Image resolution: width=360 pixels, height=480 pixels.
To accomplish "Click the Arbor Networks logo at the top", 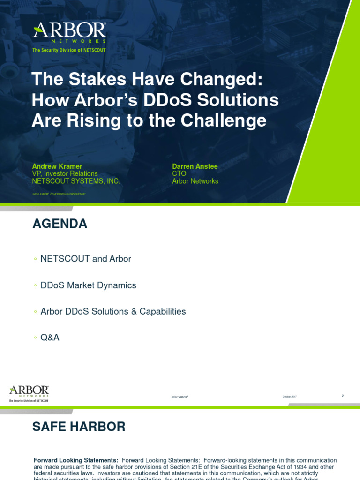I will point(69,32).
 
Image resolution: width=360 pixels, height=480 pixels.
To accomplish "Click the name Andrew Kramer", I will point(57,166).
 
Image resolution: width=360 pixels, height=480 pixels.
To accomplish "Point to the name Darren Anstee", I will point(195,166).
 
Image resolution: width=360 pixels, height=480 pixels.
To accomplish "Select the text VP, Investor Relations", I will point(65,174).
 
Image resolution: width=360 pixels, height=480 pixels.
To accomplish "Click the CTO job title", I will point(179,174).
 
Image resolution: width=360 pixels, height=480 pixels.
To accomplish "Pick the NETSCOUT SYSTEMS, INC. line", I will point(76,181).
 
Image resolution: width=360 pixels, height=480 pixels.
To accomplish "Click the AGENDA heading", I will point(60,224).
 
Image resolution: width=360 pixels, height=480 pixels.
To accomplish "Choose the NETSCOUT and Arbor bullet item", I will point(86,259).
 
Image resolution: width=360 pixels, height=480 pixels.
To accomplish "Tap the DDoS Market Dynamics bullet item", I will point(89,285).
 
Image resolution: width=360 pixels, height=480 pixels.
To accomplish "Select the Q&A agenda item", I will point(50,337).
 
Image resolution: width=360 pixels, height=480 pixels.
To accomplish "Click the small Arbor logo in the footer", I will point(29,393).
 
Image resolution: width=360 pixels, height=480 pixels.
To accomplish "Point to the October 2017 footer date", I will point(289,397).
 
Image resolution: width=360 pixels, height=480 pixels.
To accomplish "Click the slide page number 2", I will point(343,396).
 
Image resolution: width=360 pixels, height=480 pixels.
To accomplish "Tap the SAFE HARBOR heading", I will point(79,427).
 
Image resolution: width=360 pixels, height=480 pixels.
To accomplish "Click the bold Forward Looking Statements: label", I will point(76,460).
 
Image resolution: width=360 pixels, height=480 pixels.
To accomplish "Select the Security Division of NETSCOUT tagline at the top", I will point(69,50).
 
